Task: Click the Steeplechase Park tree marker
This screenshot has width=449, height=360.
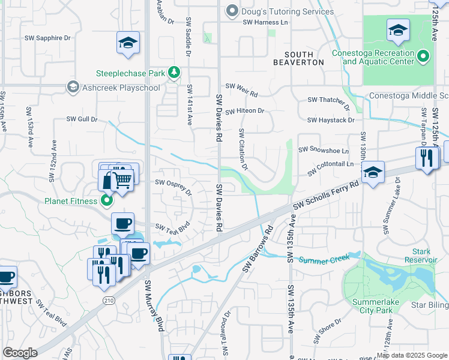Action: (173, 73)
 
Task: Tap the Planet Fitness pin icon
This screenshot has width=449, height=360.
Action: (106, 200)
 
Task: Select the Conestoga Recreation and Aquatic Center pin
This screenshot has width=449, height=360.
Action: (423, 57)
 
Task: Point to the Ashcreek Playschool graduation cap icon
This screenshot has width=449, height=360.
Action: (73, 88)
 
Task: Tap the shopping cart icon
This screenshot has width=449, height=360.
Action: (122, 179)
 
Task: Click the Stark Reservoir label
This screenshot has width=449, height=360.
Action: (420, 255)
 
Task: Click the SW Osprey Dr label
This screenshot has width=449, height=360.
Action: (173, 187)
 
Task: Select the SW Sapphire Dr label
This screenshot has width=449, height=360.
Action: (47, 38)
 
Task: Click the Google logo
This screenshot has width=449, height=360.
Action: (20, 353)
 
